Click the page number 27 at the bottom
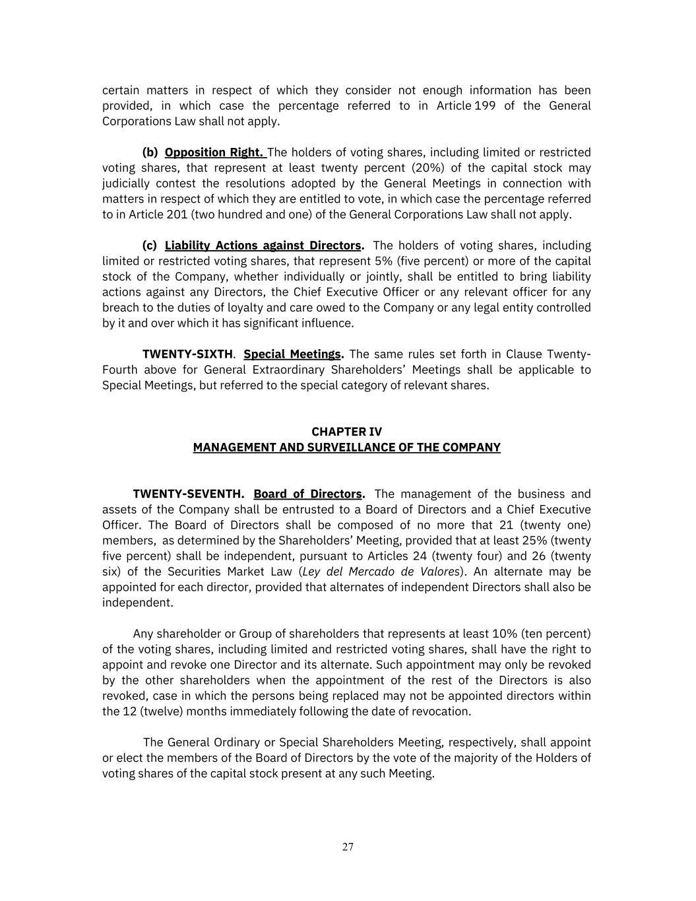(348, 847)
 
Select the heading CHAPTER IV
(346, 432)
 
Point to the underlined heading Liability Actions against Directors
(263, 246)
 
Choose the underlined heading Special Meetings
(292, 354)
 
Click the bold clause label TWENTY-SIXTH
(187, 354)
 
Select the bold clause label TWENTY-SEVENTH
(188, 494)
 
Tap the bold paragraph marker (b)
(150, 152)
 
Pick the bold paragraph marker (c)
(150, 246)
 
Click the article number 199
(485, 106)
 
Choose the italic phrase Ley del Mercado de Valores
(380, 572)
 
